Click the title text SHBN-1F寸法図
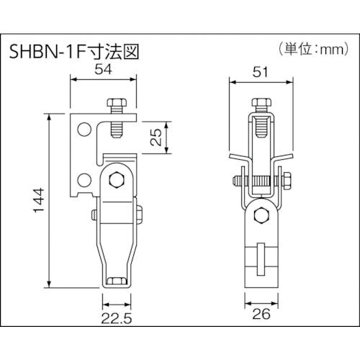coord(74,52)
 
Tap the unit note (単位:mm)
coord(313,49)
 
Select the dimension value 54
coord(103,69)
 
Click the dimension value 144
coord(39,200)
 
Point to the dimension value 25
coord(156,137)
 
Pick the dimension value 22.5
coord(117,319)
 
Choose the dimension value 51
coord(260,72)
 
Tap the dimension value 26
coord(261,314)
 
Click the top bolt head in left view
coord(117,103)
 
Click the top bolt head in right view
coord(261,102)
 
